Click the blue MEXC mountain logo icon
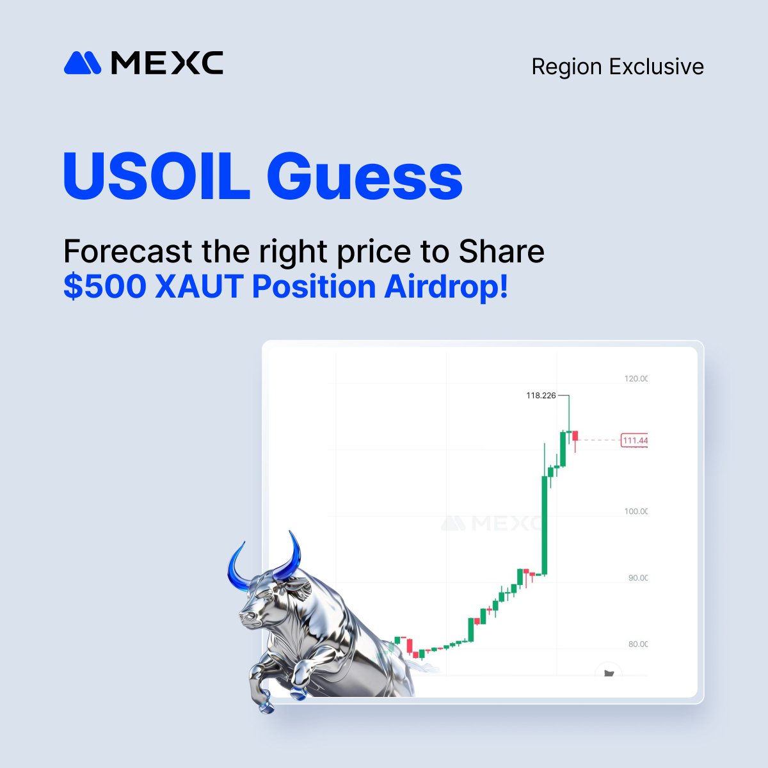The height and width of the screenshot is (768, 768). (x=83, y=63)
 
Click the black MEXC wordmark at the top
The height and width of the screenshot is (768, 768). (x=167, y=63)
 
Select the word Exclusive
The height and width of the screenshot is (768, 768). (x=657, y=67)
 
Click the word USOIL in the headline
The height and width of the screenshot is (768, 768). (x=156, y=175)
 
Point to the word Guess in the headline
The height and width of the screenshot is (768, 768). (x=364, y=175)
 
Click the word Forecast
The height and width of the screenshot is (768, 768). (x=128, y=252)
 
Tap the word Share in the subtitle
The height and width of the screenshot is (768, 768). (x=501, y=252)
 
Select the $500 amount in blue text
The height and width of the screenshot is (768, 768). (x=105, y=287)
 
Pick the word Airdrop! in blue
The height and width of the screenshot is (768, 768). (x=446, y=287)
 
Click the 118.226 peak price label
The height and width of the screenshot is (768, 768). (x=541, y=396)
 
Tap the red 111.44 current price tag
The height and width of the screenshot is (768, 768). (x=634, y=440)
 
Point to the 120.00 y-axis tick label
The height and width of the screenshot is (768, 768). (x=636, y=378)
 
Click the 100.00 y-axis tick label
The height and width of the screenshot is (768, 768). (x=636, y=511)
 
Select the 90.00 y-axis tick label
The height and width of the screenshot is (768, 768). (x=637, y=578)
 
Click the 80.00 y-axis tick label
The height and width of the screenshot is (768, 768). (x=637, y=644)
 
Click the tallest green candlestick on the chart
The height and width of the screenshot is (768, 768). (x=545, y=525)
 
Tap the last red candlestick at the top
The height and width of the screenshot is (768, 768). (x=575, y=436)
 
